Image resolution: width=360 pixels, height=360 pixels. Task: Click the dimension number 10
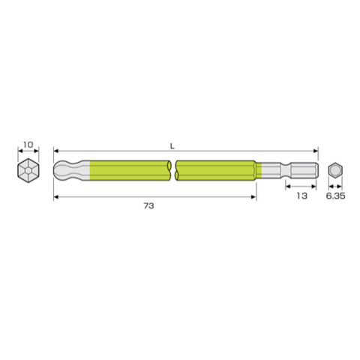tap(28, 144)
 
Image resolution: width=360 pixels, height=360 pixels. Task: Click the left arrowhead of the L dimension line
tap(57, 150)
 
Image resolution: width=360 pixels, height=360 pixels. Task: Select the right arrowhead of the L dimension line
tap(317, 150)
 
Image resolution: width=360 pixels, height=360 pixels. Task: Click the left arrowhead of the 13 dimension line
tap(286, 186)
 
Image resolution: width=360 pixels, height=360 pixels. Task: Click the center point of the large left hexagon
tap(28, 169)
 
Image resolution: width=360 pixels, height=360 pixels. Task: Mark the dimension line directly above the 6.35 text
tap(334, 186)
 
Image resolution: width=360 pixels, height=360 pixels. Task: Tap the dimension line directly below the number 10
tap(28, 151)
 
